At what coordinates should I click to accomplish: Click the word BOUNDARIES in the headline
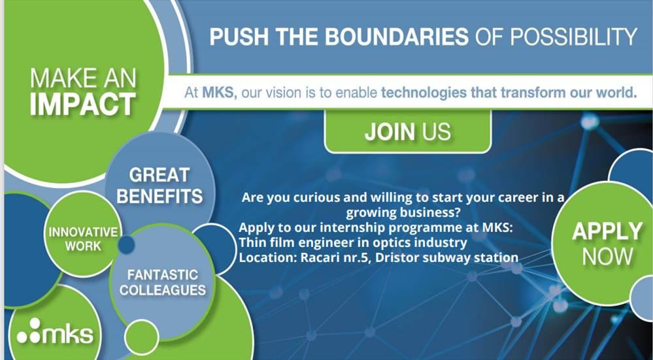pyautogui.click(x=397, y=36)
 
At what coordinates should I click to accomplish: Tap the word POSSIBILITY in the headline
pyautogui.click(x=573, y=36)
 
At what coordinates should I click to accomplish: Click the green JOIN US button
pyautogui.click(x=408, y=131)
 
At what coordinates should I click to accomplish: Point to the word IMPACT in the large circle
pyautogui.click(x=83, y=104)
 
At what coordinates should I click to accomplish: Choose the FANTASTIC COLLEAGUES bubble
pyautogui.click(x=163, y=282)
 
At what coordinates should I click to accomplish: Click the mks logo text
pyautogui.click(x=67, y=335)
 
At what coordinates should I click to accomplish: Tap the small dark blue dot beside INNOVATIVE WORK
pyautogui.click(x=126, y=244)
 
